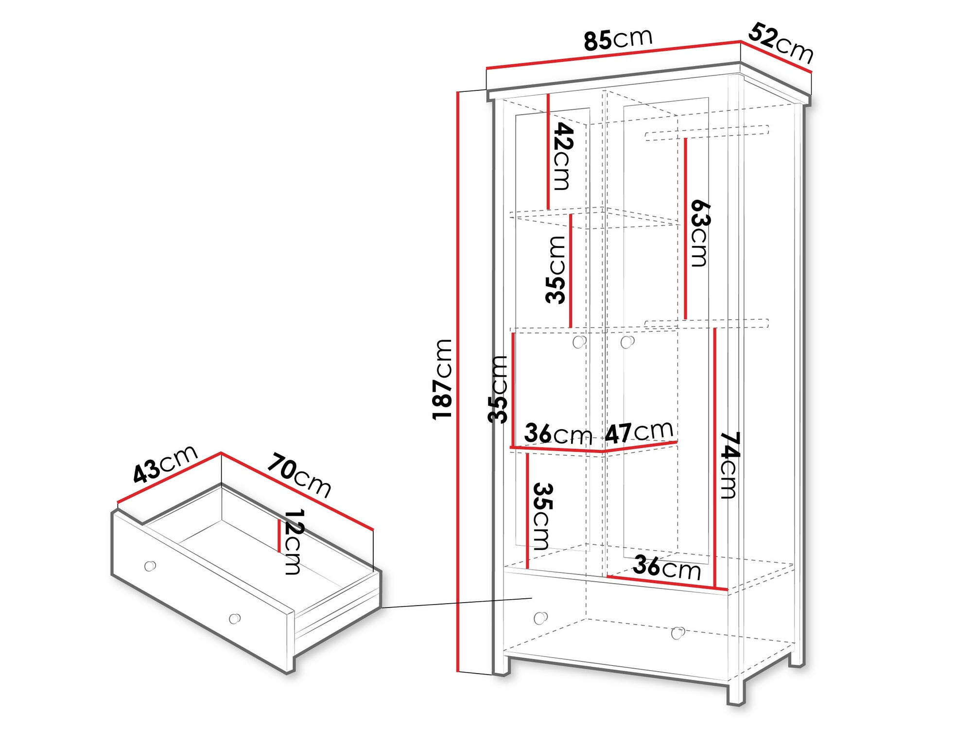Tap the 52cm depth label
[781, 43]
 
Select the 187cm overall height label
[443, 379]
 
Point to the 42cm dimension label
[563, 156]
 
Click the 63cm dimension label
[700, 233]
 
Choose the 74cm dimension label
[729, 465]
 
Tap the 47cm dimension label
[639, 432]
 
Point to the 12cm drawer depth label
[293, 541]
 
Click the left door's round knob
[579, 342]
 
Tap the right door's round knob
[627, 342]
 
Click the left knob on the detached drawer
[150, 566]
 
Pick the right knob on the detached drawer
[235, 618]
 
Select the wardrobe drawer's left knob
[540, 618]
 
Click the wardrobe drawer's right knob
[677, 633]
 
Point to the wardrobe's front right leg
[736, 693]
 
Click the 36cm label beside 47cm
[558, 434]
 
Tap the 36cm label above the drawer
[666, 567]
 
